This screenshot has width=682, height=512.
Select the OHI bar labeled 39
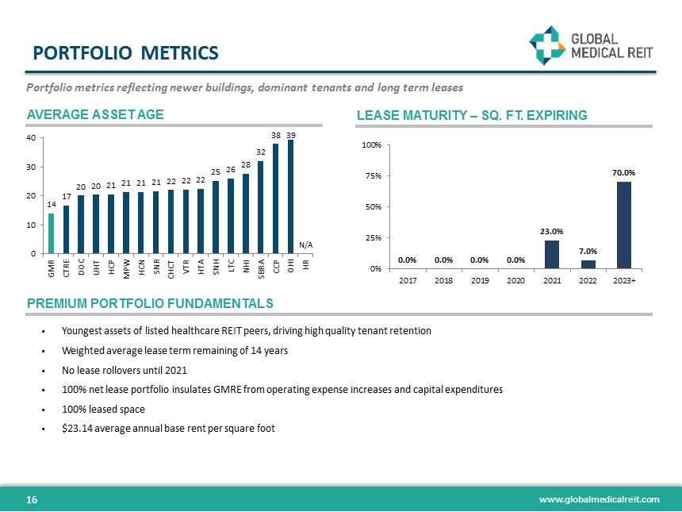(291, 197)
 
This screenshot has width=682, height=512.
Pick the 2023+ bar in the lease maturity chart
(624, 225)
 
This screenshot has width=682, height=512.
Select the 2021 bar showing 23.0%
(552, 254)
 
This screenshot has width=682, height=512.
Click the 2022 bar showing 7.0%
(588, 264)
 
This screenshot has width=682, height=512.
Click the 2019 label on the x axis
(480, 280)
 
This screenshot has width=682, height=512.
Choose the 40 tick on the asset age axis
(31, 138)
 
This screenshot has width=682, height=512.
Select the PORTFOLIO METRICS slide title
(125, 53)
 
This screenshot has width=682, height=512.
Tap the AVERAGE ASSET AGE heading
(95, 114)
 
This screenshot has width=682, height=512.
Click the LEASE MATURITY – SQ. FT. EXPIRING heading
(473, 116)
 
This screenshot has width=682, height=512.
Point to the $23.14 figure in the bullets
(79, 429)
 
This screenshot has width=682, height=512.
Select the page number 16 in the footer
(33, 499)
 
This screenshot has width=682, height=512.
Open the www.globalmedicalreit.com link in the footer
(599, 499)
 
